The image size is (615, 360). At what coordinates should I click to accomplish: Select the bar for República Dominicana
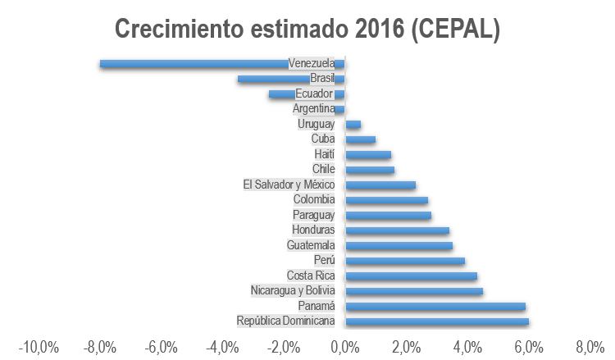436,321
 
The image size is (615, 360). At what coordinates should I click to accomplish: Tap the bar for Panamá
435,306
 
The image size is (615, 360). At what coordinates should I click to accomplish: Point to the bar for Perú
405,261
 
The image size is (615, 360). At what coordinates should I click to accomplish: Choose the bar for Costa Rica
411,276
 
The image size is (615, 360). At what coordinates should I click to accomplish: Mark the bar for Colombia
386,199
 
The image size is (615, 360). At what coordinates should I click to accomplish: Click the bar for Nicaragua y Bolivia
414,290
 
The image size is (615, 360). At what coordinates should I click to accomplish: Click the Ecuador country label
313,93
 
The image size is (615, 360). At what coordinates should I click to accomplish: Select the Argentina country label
313,108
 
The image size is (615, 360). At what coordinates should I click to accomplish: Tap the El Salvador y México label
289,185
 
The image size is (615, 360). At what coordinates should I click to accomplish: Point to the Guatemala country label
311,245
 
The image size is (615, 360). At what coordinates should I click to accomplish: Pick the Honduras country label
313,230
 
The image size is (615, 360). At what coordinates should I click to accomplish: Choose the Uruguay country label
316,124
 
